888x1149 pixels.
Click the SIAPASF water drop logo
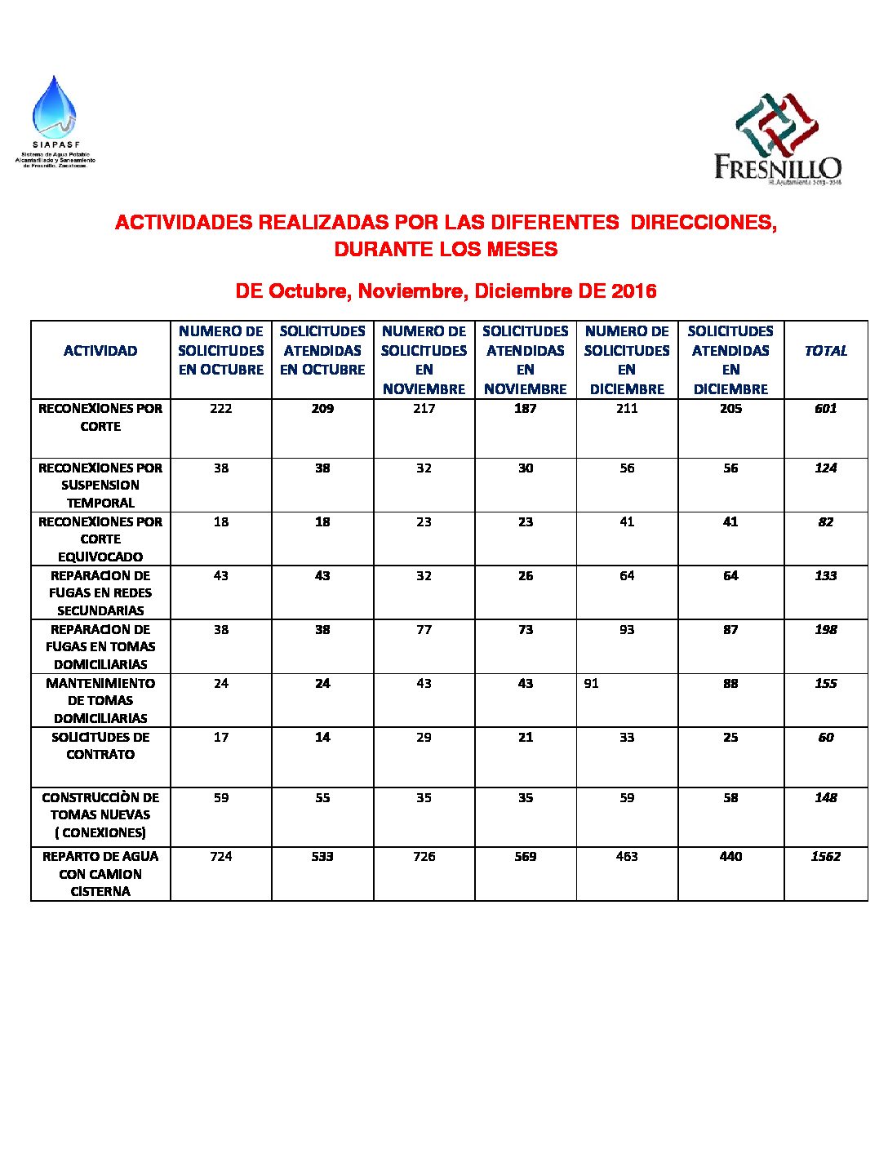[54, 108]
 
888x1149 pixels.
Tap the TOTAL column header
[825, 351]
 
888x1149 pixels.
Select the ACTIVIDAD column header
[100, 351]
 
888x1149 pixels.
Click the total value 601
[825, 409]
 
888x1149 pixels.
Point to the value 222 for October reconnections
[221, 409]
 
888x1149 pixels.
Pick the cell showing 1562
[825, 857]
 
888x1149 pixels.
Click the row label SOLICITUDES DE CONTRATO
[100, 746]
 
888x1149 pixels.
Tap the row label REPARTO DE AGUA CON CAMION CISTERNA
[100, 874]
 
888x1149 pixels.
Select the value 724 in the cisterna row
[221, 857]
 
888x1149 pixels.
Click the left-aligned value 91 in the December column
[592, 684]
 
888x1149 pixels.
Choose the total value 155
[825, 684]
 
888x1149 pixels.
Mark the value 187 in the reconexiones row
[526, 409]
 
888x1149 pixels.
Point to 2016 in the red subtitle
[634, 291]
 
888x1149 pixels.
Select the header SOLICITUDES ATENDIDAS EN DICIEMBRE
[730, 360]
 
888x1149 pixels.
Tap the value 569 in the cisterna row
[526, 857]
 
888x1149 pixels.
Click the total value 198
[825, 630]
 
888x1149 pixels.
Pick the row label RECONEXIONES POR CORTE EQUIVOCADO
[100, 539]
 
